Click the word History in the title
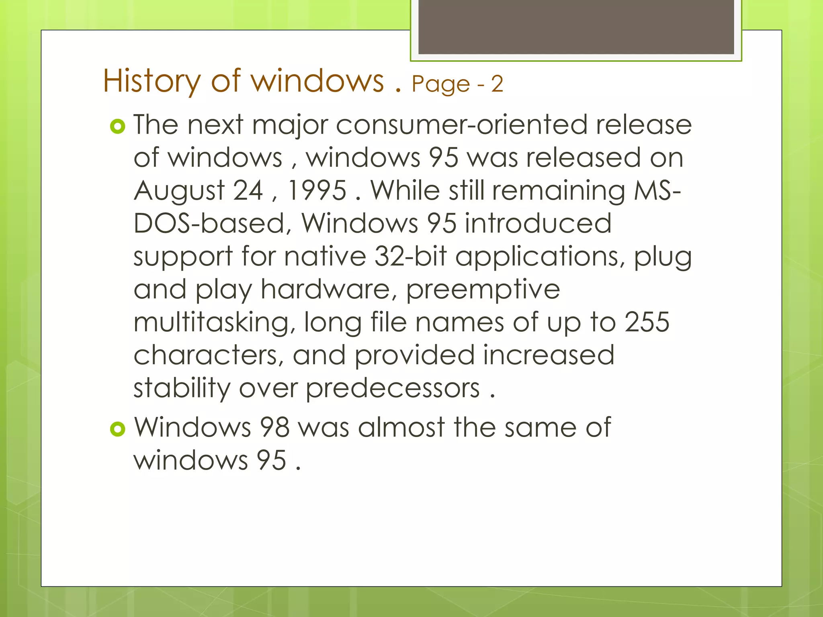click(151, 82)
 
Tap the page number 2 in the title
click(497, 84)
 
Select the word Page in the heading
click(440, 84)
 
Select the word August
click(179, 191)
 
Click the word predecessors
click(393, 389)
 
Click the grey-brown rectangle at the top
click(576, 27)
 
